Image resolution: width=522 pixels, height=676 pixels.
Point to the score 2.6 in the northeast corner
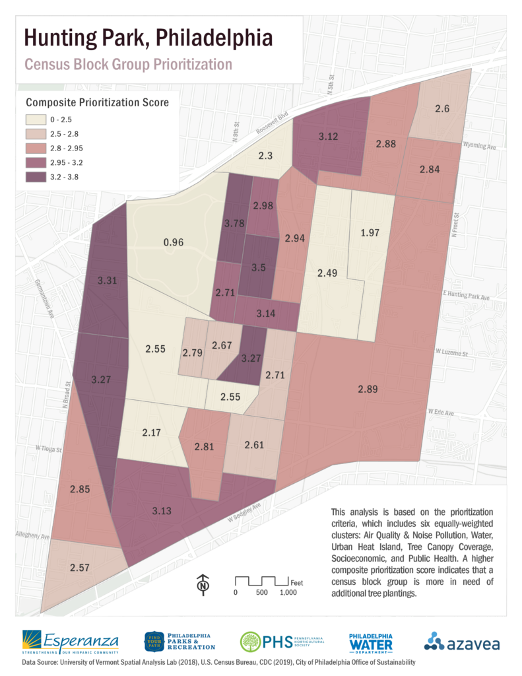tap(442, 109)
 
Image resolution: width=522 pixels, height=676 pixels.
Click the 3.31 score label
tap(107, 281)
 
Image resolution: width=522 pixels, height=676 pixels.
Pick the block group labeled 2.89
tap(368, 389)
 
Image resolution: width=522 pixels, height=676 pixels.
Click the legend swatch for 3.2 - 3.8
tap(35, 177)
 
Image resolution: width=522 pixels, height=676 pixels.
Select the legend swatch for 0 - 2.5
tap(35, 120)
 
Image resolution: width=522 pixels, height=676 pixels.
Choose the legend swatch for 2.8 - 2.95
tap(35, 149)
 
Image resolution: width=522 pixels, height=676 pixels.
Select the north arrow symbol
tap(203, 584)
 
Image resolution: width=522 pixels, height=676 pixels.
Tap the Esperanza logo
tap(70, 641)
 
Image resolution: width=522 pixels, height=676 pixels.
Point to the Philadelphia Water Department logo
tap(370, 641)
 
